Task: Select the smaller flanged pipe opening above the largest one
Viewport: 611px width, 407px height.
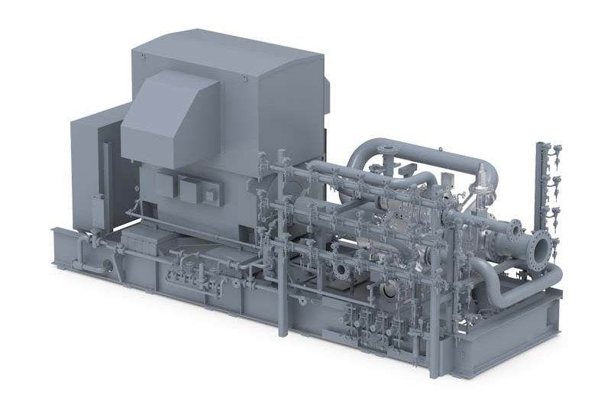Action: pyautogui.click(x=517, y=228)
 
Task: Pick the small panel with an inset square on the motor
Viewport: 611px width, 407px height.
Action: pyautogui.click(x=209, y=195)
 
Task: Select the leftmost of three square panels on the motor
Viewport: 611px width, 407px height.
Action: pyautogui.click(x=166, y=180)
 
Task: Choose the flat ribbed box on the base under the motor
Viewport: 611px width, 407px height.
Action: pyautogui.click(x=142, y=244)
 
